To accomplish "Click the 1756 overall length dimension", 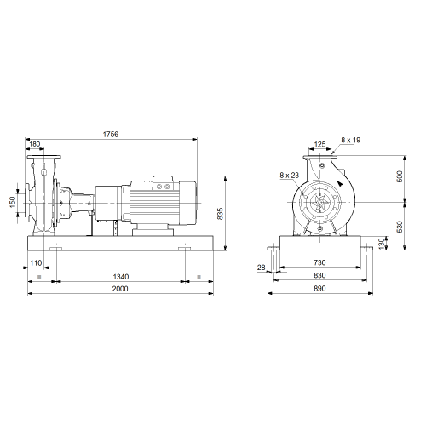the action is point(111,134).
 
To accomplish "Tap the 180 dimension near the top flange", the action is point(35,144).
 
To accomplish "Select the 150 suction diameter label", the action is point(13,202).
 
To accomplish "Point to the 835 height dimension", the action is point(220,214).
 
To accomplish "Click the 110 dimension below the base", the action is point(36,263).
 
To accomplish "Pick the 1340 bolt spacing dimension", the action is point(121,276).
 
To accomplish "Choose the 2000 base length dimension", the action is point(120,289).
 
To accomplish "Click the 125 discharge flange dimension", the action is point(319,144).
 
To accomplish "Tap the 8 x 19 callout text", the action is point(351,140).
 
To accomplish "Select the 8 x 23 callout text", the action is point(289,176).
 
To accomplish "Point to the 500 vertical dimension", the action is point(400,176).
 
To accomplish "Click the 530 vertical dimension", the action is point(400,227).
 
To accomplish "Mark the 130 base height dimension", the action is point(382,244).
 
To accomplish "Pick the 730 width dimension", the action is point(319,262).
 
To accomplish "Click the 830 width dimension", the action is point(319,275).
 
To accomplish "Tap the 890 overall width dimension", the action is point(319,289).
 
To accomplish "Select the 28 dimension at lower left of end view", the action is point(261,268).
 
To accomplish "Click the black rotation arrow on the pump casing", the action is point(340,183).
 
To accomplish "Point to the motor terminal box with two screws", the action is point(163,183).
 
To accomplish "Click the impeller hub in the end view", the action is point(320,202).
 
